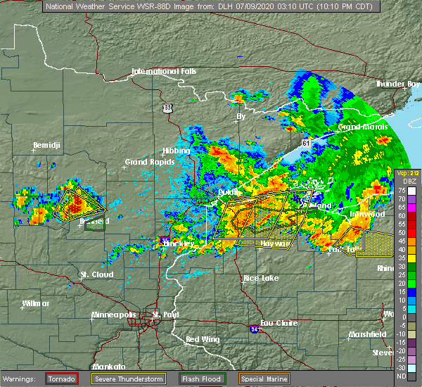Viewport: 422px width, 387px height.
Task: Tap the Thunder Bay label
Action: click(x=397, y=84)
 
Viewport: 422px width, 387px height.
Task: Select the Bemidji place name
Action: click(x=46, y=146)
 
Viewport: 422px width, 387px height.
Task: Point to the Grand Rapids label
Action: click(x=145, y=162)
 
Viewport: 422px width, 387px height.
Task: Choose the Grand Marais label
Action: click(x=359, y=127)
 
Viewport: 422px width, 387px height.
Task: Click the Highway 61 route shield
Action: click(x=305, y=143)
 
